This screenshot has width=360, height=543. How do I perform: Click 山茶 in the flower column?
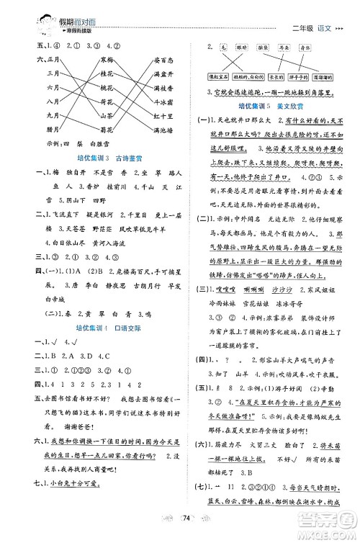click(109, 115)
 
